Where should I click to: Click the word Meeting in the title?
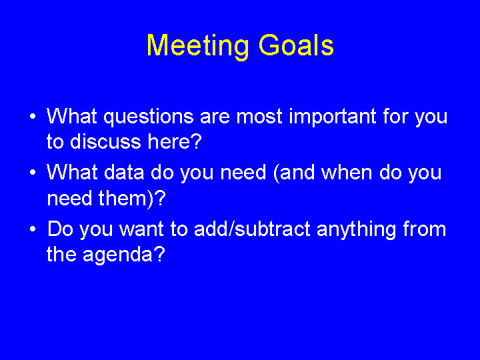(198, 47)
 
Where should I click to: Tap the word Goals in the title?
(296, 45)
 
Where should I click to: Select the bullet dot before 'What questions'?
(33, 117)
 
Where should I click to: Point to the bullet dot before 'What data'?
(33, 173)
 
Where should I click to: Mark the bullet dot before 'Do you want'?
(33, 229)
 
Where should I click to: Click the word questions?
(149, 117)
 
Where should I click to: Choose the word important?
(333, 117)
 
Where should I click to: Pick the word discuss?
(105, 141)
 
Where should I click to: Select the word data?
(124, 172)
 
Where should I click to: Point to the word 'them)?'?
(132, 199)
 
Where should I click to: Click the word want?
(141, 229)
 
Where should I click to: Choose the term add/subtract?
(252, 229)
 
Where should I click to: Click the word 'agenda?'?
(124, 255)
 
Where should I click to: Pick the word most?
(259, 117)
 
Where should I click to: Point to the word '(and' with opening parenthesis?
(294, 173)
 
